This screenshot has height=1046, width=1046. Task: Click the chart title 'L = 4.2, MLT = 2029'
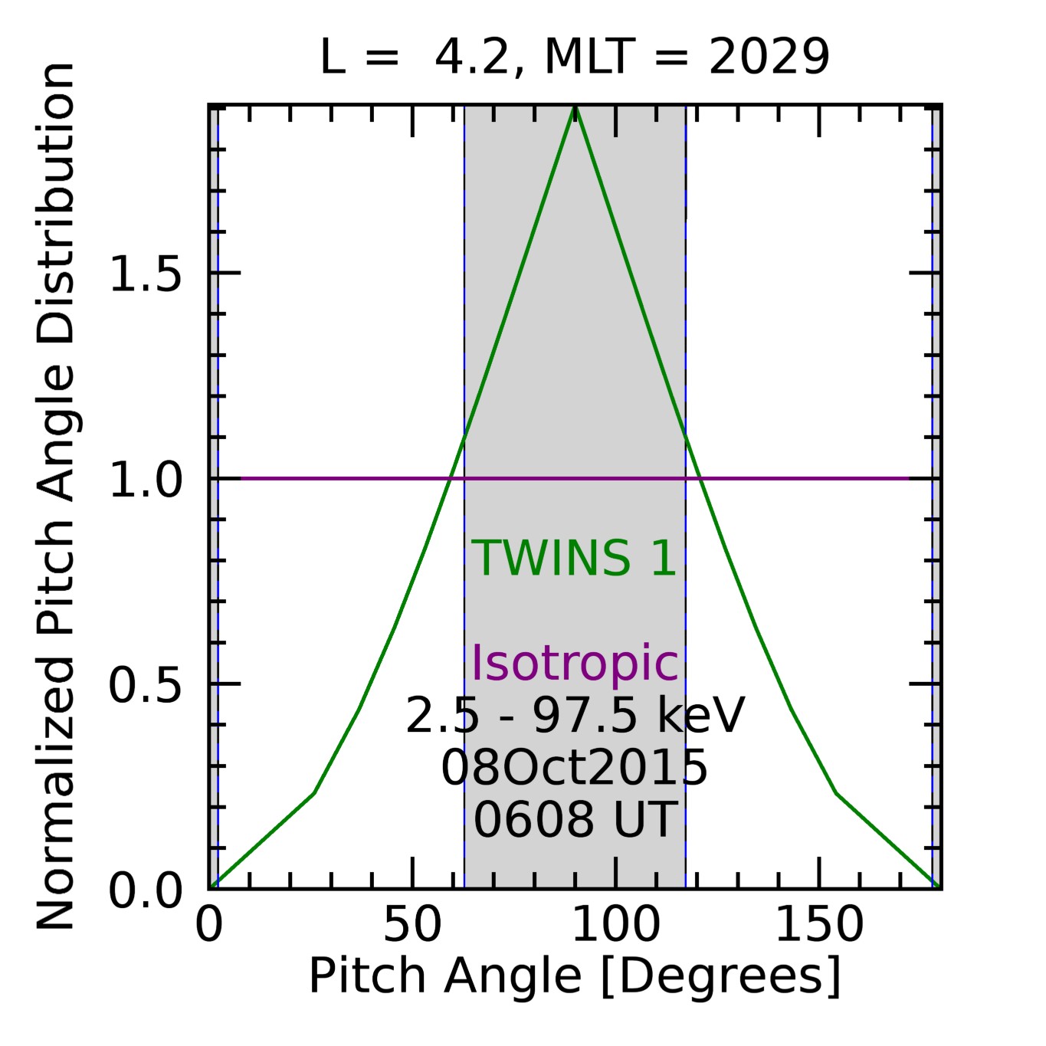tap(574, 57)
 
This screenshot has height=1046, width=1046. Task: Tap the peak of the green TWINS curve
tap(575, 107)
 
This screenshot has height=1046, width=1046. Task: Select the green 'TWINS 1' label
tap(574, 558)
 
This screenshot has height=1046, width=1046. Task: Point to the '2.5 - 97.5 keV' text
tap(575, 716)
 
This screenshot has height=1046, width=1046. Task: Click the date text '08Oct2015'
tap(574, 768)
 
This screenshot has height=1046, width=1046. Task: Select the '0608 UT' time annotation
tap(575, 819)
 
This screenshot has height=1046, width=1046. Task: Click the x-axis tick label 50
tap(412, 925)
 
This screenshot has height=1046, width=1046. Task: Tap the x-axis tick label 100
tap(615, 925)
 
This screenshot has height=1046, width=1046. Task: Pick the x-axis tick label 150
tap(819, 925)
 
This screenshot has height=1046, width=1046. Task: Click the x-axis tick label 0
tap(209, 925)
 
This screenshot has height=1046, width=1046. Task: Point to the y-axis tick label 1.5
tap(146, 274)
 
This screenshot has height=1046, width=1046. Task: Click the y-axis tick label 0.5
tap(146, 685)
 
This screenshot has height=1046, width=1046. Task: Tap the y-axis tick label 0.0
tap(146, 891)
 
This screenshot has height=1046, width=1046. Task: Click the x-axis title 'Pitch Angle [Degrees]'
tap(575, 976)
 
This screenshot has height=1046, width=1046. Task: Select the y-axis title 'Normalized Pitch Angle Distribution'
tap(55, 497)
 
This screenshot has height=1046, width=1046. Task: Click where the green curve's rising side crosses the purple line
tap(451, 479)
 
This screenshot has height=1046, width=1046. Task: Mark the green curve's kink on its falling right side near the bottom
tap(837, 793)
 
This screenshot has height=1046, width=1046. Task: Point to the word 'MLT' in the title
tap(590, 57)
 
